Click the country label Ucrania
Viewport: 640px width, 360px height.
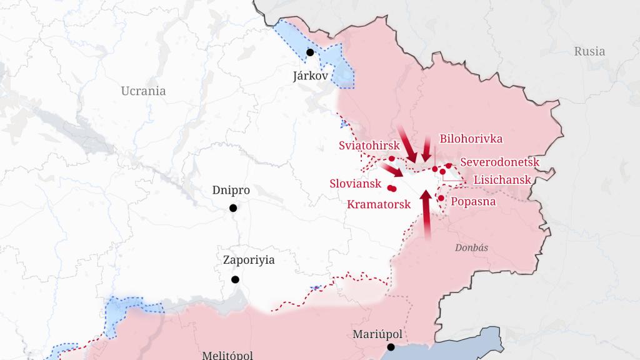point(143,91)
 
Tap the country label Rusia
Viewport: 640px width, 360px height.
point(589,51)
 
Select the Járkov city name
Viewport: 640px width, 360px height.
point(310,76)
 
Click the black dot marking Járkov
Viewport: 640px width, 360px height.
point(310,52)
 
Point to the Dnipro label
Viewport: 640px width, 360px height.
point(231,190)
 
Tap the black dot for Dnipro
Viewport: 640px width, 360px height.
point(233,208)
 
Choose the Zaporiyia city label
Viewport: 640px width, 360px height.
point(249,261)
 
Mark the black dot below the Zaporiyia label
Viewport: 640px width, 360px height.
point(236,279)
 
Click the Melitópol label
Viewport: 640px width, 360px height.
point(227,355)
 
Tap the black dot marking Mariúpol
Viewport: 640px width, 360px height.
point(391,347)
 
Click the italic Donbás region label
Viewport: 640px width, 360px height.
point(471,247)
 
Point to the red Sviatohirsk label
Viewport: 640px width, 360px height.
point(368,146)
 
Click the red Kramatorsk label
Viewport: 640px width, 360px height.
point(378,204)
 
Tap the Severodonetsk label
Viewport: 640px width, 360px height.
point(499,162)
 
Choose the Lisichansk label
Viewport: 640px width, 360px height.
point(502,179)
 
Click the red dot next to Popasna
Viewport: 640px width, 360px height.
point(441,198)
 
